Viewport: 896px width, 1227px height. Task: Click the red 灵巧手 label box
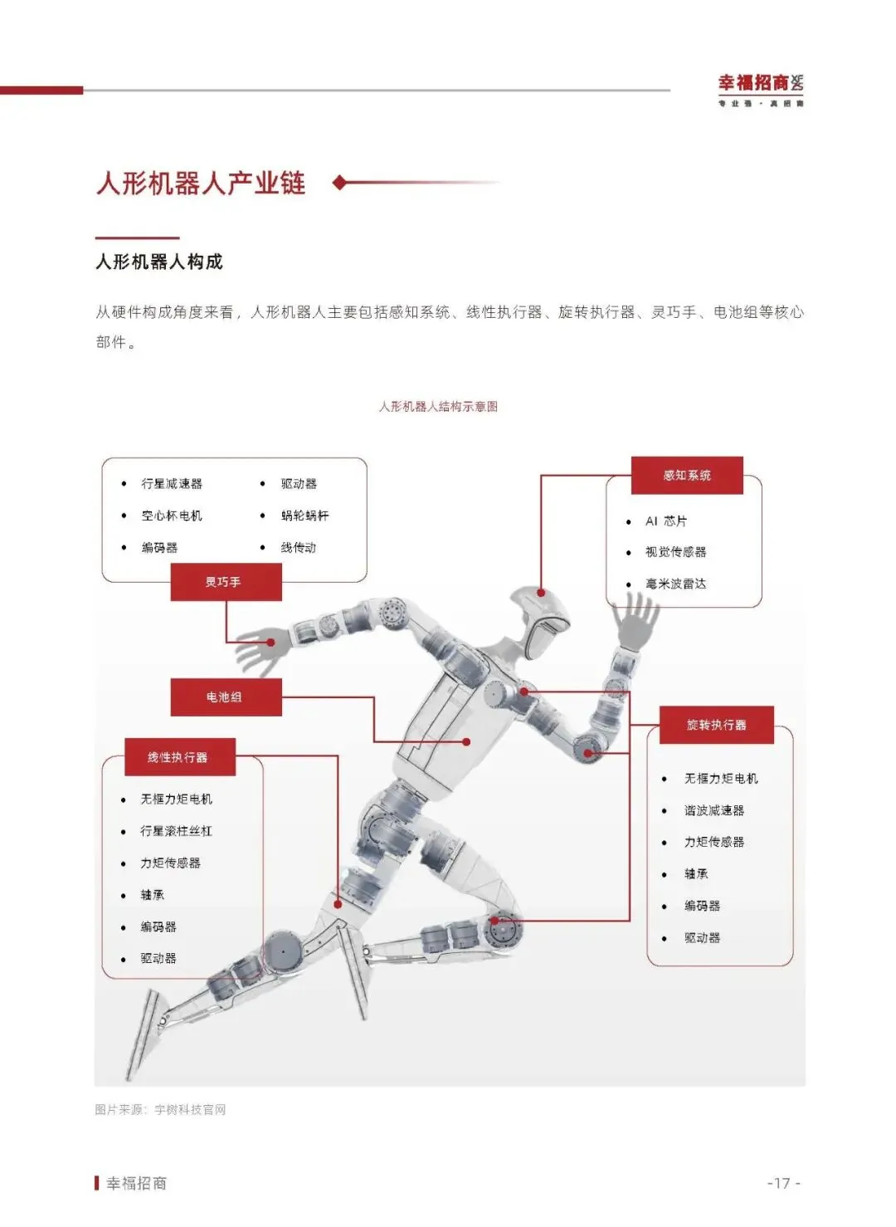[x=226, y=582]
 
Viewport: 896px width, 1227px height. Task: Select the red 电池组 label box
[x=226, y=697]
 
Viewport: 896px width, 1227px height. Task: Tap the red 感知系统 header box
[x=687, y=476]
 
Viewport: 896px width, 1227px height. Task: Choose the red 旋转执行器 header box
[x=717, y=725]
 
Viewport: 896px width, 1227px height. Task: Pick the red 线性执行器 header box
[x=179, y=757]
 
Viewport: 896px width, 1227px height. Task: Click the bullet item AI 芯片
[x=666, y=521]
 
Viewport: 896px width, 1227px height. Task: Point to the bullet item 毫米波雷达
[x=675, y=584]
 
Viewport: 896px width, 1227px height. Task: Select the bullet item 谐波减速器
[x=713, y=810]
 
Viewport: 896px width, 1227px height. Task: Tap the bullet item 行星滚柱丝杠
[x=176, y=831]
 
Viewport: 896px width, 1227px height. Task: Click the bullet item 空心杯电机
[x=172, y=516]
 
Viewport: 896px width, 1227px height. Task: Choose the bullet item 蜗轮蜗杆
[x=304, y=516]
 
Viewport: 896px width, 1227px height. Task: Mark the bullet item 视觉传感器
[x=675, y=552]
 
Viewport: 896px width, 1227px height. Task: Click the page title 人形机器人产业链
[x=201, y=183]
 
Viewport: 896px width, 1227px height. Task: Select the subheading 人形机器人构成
[x=159, y=262]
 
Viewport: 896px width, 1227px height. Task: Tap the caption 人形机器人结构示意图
[x=438, y=407]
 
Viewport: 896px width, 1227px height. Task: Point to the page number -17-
[x=783, y=1183]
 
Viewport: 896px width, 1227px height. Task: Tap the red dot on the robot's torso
[x=466, y=741]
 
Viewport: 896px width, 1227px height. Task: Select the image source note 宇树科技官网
[x=190, y=1110]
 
